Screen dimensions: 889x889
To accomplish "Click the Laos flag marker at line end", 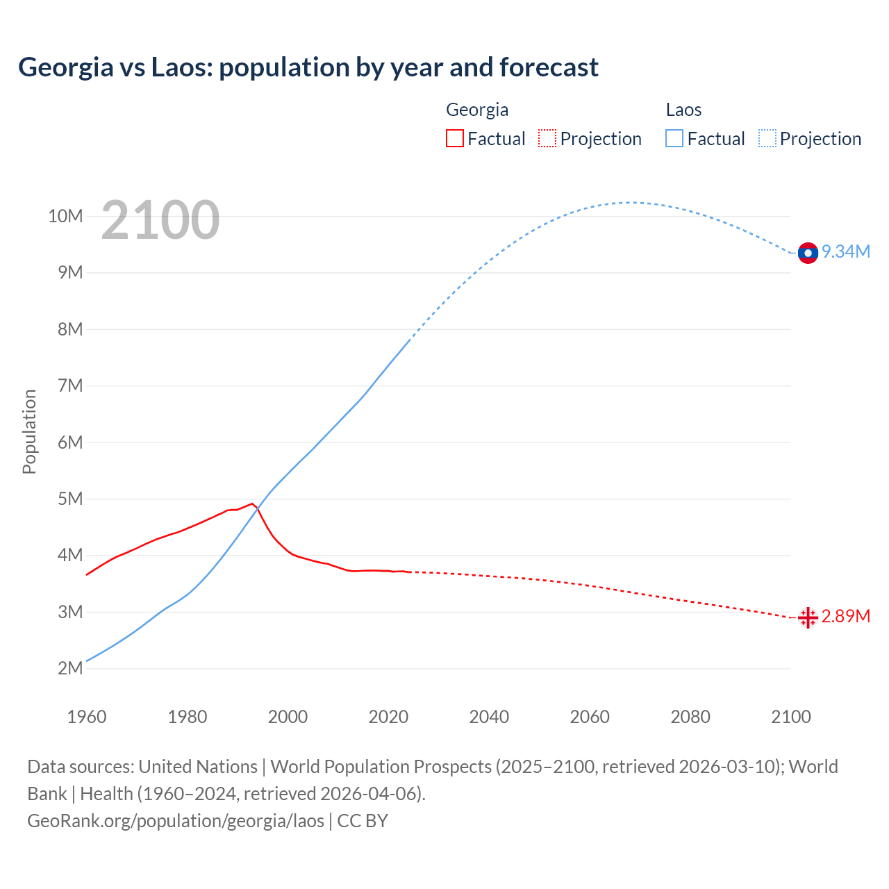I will pyautogui.click(x=808, y=253).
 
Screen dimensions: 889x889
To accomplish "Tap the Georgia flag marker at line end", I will pyautogui.click(x=808, y=617).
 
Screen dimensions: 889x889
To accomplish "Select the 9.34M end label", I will pyautogui.click(x=846, y=251).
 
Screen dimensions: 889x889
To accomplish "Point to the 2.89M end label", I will pyautogui.click(x=846, y=616).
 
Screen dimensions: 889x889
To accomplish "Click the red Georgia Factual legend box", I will pyautogui.click(x=455, y=138).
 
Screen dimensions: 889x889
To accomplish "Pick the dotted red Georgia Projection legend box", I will pyautogui.click(x=547, y=138).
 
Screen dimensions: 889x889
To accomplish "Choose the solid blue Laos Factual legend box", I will pyautogui.click(x=674, y=138).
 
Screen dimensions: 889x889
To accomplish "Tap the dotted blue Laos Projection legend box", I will pyautogui.click(x=767, y=138).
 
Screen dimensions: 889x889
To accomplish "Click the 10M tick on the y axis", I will pyautogui.click(x=65, y=216).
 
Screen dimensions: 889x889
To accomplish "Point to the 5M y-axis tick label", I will pyautogui.click(x=70, y=499).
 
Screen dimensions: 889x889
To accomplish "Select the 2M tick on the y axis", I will pyautogui.click(x=70, y=668).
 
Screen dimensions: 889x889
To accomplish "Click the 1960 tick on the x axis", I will pyautogui.click(x=87, y=717).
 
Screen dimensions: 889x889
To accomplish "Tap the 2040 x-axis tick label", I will pyautogui.click(x=489, y=717).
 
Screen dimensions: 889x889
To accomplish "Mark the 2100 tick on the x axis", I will pyautogui.click(x=790, y=717).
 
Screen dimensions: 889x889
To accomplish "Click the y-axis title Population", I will pyautogui.click(x=29, y=431).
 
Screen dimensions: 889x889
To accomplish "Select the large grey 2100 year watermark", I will pyautogui.click(x=160, y=221).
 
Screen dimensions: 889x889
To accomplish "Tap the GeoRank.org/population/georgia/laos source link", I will pyautogui.click(x=176, y=820).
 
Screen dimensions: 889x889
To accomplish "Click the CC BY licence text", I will pyautogui.click(x=363, y=820).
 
